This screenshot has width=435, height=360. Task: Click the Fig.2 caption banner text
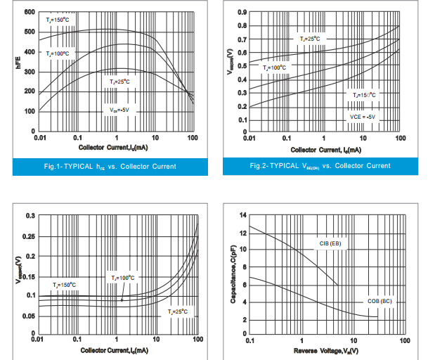pos(320,166)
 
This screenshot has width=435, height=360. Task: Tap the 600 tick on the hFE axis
pos(30,12)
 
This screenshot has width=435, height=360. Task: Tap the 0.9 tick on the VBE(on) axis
pos(241,12)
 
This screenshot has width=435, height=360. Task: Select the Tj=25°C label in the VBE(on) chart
pos(309,39)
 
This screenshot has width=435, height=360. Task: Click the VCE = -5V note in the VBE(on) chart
pos(363,116)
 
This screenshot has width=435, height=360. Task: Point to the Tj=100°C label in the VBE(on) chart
pos(274,67)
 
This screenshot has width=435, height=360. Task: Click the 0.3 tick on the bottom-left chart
pos(30,215)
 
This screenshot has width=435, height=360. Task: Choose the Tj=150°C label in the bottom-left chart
pos(65,285)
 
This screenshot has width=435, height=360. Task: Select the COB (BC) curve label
pos(380,301)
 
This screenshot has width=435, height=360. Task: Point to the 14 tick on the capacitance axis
pos(242,214)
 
